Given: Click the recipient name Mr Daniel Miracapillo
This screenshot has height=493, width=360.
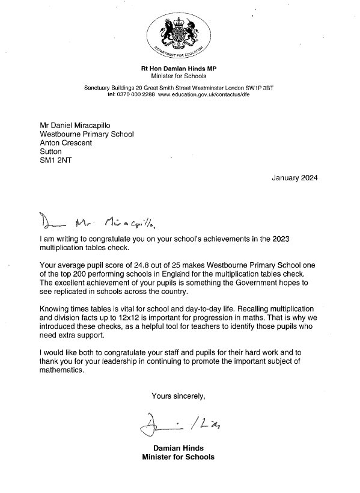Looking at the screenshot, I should pyautogui.click(x=75, y=125).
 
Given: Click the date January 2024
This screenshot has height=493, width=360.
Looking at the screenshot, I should pyautogui.click(x=295, y=178).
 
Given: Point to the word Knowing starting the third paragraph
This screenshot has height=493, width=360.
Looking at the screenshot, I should pyautogui.click(x=57, y=308).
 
